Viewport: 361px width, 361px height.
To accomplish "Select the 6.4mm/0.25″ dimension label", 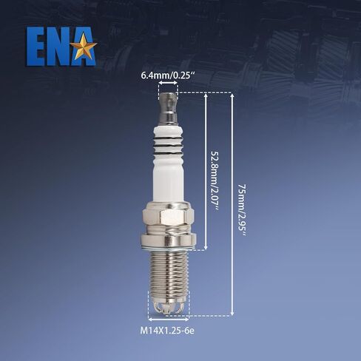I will (169, 75).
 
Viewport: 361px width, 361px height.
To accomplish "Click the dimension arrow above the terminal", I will (168, 84).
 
